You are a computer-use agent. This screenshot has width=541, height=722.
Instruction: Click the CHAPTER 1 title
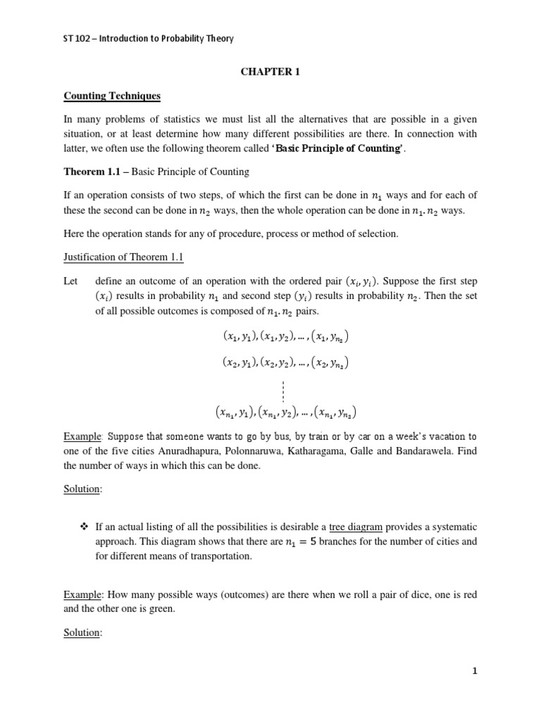coord(270,71)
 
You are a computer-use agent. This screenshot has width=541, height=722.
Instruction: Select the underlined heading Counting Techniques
coord(102,95)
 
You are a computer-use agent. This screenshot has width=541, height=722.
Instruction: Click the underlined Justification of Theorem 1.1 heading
coord(124,258)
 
